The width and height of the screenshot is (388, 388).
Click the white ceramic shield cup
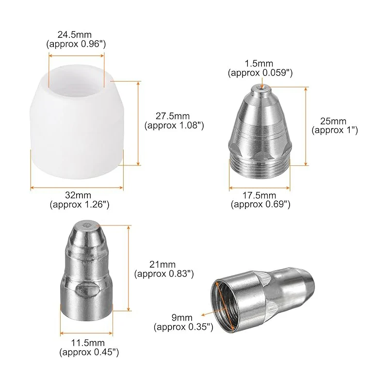coord(77,122)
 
